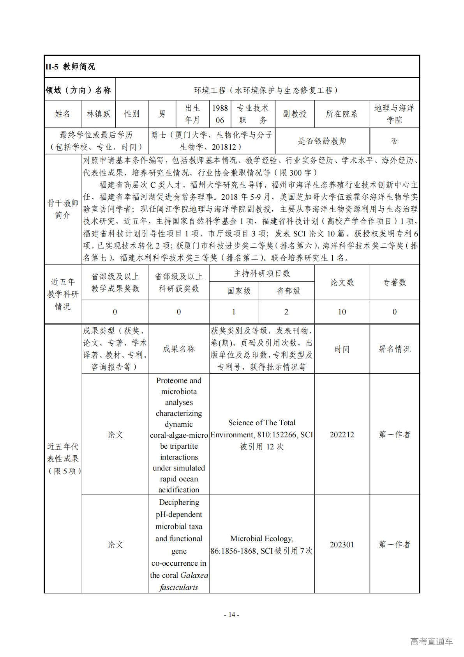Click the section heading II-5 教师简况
(x=70, y=67)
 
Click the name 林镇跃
(x=99, y=114)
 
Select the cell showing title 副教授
(x=295, y=114)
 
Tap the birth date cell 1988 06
(x=220, y=114)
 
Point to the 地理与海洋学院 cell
(x=394, y=114)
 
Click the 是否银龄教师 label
(x=322, y=141)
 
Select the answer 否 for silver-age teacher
(x=394, y=141)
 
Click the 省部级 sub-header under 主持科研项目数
(x=288, y=291)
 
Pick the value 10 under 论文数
(x=342, y=312)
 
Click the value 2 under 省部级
(x=286, y=312)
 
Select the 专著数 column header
(x=394, y=282)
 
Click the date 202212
(x=342, y=435)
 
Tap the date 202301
(x=342, y=545)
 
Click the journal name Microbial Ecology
(x=261, y=539)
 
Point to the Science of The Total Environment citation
(x=261, y=428)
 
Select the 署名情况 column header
(x=394, y=349)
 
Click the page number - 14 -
(x=231, y=615)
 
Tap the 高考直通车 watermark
(x=431, y=641)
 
